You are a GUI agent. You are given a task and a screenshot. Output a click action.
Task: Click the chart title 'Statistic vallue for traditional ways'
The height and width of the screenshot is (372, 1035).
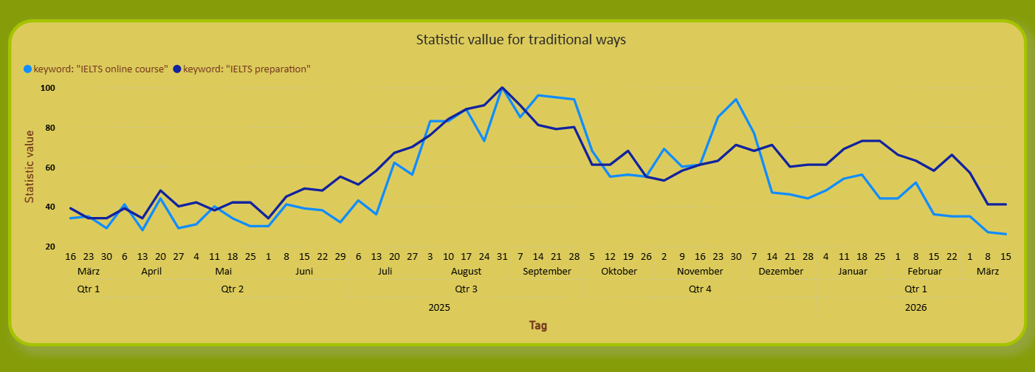(x=520, y=40)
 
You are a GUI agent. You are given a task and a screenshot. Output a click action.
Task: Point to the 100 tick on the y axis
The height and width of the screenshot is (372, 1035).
(x=49, y=88)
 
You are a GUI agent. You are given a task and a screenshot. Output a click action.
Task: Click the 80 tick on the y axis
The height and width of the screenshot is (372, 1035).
(x=51, y=128)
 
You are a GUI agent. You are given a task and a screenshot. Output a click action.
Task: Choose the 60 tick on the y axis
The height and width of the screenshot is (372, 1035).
(x=51, y=168)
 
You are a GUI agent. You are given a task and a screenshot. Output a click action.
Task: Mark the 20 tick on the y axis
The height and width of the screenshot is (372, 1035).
(x=51, y=247)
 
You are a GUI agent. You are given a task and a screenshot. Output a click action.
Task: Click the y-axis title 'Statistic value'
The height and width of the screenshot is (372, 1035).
(x=30, y=167)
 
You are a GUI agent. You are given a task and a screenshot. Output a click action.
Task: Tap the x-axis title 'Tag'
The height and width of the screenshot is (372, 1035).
(x=538, y=325)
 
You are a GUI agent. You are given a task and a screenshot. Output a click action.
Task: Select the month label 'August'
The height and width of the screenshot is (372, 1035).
(x=466, y=272)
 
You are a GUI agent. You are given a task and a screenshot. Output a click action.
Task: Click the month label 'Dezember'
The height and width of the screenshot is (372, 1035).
(x=780, y=272)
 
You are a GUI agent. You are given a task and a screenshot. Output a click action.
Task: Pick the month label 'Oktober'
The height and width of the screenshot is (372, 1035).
(x=619, y=272)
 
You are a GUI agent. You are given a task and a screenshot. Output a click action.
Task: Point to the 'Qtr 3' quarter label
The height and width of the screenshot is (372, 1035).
(x=466, y=289)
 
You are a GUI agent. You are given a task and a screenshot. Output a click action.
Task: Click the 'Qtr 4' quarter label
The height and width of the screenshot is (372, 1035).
(x=700, y=289)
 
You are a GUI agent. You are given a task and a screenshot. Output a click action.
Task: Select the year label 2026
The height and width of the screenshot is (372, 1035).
(x=915, y=307)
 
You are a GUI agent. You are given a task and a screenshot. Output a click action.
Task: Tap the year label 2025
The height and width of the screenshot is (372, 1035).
(x=439, y=307)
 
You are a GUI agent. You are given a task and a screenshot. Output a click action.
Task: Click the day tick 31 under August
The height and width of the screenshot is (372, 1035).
(x=502, y=256)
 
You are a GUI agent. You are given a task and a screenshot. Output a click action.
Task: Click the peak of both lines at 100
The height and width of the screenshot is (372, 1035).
(x=502, y=88)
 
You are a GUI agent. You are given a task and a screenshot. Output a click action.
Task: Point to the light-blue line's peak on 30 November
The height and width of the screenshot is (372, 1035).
(x=736, y=100)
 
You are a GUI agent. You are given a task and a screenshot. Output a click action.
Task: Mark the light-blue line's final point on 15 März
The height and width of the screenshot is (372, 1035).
(x=1005, y=234)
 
